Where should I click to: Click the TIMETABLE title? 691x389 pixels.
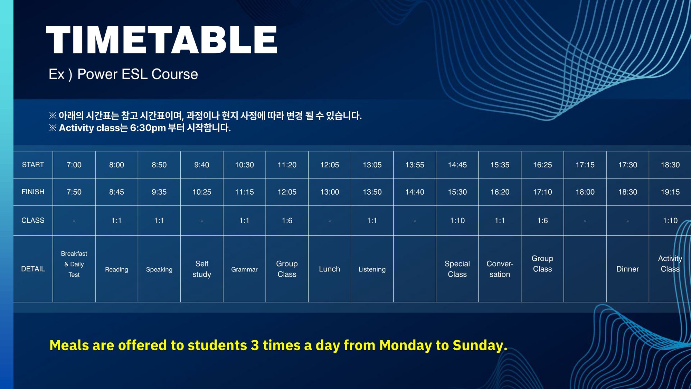coord(161,40)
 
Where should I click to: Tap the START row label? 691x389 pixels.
coord(33,165)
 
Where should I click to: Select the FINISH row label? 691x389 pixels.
coord(33,192)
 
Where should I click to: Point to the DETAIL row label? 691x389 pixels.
coord(33,269)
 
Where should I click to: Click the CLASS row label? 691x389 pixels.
coord(33,220)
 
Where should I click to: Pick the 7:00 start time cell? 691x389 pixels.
coord(74,165)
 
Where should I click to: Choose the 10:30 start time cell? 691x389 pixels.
coord(244,165)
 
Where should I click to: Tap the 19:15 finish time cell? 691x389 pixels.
coord(670,192)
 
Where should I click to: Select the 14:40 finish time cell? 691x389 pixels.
coord(415,192)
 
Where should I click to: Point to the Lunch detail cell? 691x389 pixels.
coord(329,269)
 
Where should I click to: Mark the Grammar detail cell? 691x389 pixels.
coord(244,269)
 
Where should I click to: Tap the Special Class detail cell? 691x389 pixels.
coord(457,269)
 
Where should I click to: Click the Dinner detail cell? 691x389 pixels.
coord(627,269)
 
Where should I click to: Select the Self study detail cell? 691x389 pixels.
coord(202,269)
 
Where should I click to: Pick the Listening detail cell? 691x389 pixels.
coord(372,269)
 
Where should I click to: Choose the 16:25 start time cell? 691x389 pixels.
coord(542,165)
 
